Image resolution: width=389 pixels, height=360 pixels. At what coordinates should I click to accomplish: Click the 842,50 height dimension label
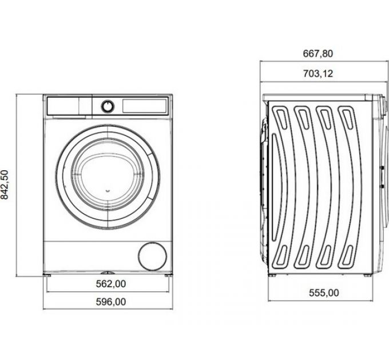(x=5, y=185)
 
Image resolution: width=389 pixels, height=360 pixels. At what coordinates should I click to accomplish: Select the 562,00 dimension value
(x=111, y=283)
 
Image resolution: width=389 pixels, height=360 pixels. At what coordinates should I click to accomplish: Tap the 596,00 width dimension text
(x=111, y=302)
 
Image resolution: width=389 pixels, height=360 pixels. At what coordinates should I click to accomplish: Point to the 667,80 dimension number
(x=318, y=54)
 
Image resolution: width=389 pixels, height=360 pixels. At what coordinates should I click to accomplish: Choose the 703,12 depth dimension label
(x=318, y=74)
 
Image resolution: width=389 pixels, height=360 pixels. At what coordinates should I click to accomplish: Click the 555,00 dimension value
(x=324, y=293)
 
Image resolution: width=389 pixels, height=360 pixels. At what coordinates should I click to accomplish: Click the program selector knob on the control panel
(x=108, y=106)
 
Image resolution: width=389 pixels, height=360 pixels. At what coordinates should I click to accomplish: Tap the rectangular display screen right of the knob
(x=144, y=106)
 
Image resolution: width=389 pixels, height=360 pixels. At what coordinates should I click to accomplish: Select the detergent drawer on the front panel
(x=63, y=106)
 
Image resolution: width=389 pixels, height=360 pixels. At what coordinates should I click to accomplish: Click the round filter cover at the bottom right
(x=153, y=256)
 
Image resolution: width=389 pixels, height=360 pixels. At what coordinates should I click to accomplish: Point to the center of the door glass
(x=108, y=177)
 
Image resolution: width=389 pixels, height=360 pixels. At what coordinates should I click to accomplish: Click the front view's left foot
(x=47, y=275)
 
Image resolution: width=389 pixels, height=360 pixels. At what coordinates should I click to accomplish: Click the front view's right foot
(x=168, y=275)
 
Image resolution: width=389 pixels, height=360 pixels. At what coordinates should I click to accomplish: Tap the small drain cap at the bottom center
(x=108, y=273)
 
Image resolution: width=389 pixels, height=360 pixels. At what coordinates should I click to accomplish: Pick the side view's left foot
(x=272, y=275)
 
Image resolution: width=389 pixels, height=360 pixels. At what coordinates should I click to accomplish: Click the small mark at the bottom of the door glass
(x=108, y=191)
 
